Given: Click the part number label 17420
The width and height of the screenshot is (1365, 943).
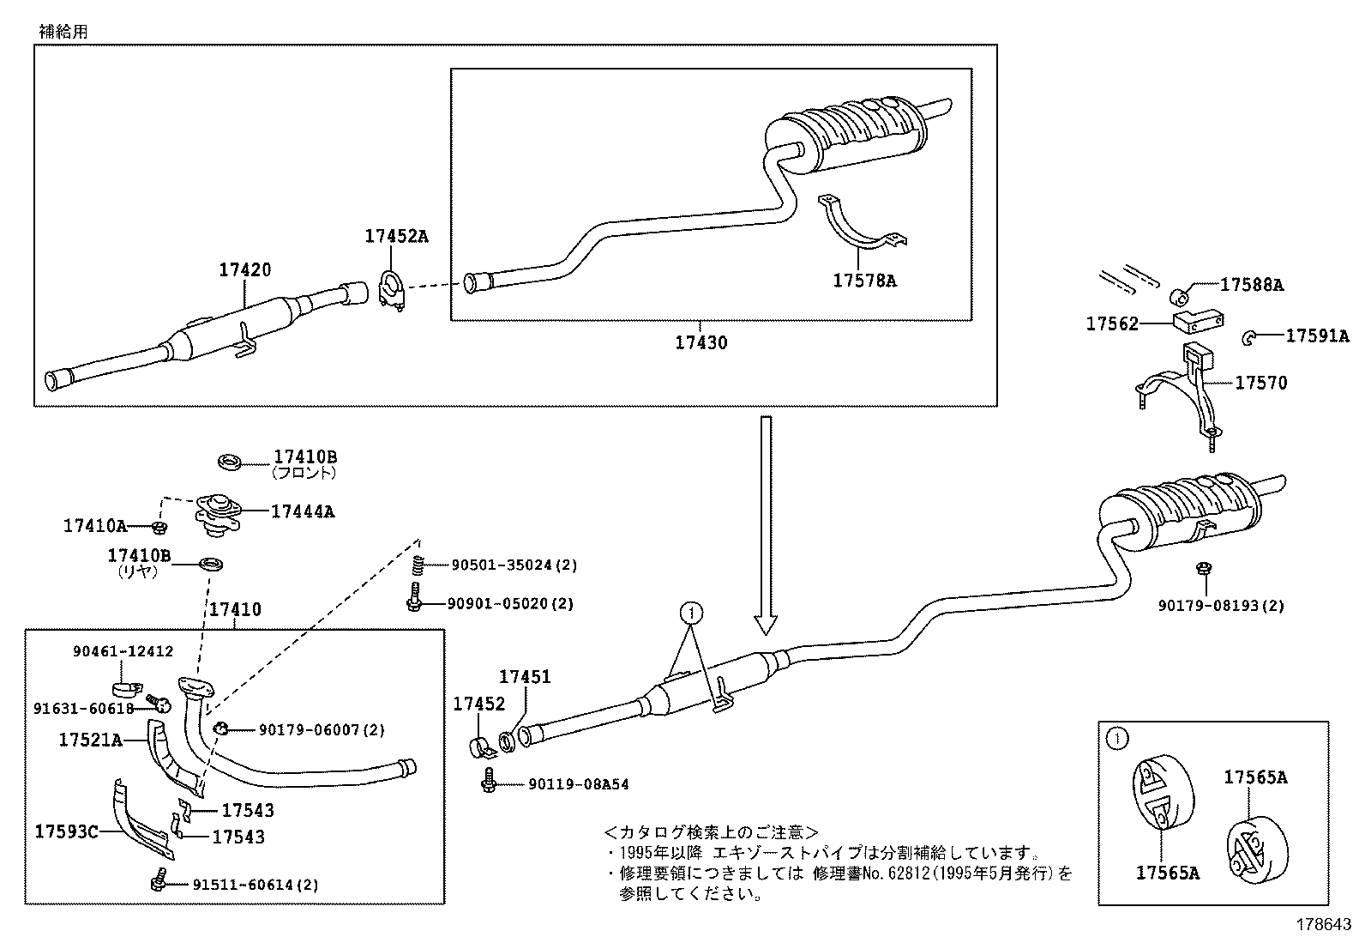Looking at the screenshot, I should pos(244,269).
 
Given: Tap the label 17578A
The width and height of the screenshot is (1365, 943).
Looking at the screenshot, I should pos(864,280).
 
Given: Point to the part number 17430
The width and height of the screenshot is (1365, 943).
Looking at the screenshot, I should pos(701,342).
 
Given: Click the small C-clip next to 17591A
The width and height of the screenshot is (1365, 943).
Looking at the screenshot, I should pos(1248,338).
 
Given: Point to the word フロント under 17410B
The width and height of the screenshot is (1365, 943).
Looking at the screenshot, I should pos(304,472).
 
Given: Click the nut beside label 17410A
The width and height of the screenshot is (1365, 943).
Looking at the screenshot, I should pos(159,526).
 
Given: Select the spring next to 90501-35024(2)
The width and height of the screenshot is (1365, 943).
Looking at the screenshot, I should pos(418,565).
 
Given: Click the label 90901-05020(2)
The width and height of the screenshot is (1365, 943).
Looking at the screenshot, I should pos(510,603).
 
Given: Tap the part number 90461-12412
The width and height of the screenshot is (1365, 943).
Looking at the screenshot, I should pos(123,652).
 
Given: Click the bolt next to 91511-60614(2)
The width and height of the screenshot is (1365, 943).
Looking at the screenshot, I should pos(157,882).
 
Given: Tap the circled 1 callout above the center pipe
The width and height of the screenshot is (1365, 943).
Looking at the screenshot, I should pos(692,613).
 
